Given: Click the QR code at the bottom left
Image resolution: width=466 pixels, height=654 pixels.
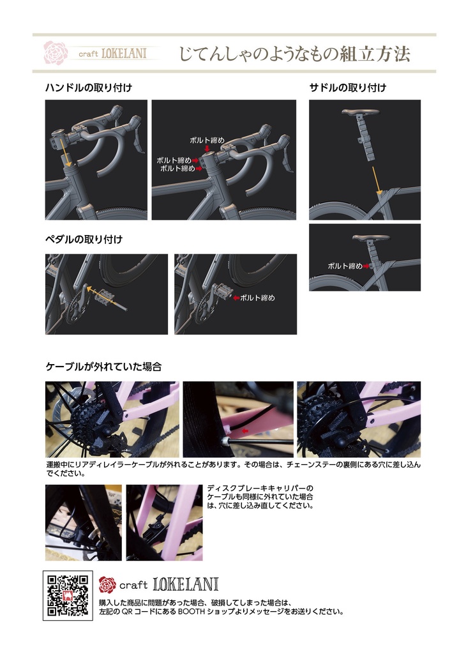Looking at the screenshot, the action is pos(68,595).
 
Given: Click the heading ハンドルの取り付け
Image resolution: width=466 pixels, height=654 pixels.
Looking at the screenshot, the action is pos(89,87).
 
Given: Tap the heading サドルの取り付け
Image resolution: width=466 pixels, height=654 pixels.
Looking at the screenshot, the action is pos(348,87).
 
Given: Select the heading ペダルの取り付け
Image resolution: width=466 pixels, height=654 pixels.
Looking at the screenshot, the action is pos(84,240).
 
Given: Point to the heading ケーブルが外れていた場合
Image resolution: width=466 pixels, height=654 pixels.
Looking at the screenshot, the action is pos(103,367).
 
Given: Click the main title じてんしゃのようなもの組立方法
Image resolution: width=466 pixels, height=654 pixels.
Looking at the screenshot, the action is pos(295,54).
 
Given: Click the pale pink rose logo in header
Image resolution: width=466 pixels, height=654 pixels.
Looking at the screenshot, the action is pos(56,52).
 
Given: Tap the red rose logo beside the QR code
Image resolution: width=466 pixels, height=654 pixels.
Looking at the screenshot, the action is pos(107,585).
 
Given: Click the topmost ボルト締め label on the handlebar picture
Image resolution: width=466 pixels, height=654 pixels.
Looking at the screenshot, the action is pos(207,140).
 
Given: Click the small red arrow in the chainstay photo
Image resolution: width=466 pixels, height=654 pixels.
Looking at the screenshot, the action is pos(246,430).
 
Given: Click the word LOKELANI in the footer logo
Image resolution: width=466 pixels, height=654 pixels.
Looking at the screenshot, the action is pos(186,584).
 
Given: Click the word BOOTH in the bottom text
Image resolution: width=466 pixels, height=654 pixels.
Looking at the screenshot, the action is pos(192,612).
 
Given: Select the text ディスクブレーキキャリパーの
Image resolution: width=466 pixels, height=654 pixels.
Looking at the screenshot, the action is pos(260,488).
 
